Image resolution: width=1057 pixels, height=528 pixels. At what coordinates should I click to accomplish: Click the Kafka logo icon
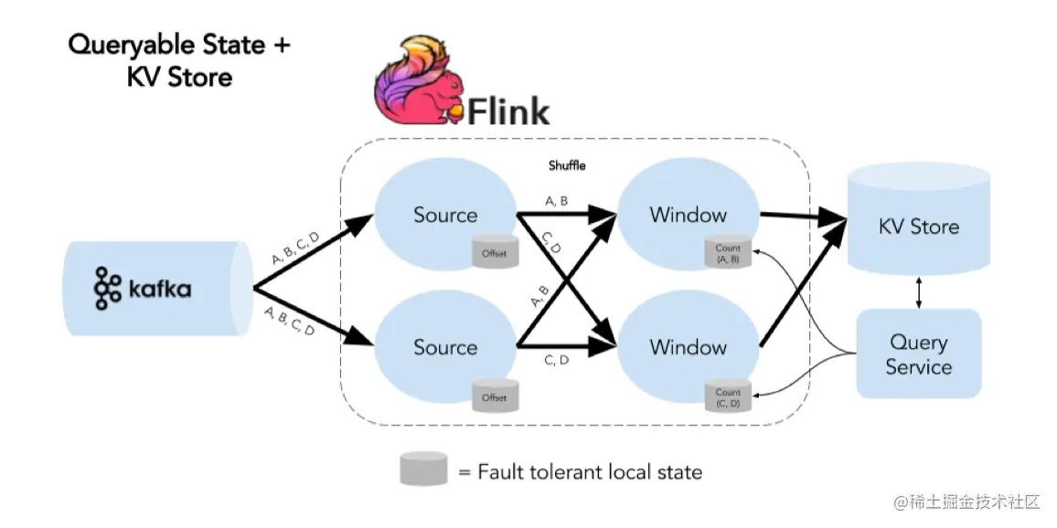(107, 289)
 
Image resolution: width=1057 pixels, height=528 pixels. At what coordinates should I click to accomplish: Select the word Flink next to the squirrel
(508, 111)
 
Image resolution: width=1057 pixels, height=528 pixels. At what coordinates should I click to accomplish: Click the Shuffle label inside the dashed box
(567, 166)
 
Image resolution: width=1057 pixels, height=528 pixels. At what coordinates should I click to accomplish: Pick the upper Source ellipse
(445, 216)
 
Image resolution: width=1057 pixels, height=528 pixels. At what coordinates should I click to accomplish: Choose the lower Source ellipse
(445, 347)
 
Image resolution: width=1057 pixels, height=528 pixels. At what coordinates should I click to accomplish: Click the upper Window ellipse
(689, 216)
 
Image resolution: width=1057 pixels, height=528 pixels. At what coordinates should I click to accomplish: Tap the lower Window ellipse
(689, 347)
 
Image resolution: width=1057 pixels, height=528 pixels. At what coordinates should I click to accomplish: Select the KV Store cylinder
(919, 224)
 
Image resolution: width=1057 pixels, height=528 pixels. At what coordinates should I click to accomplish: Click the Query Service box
(919, 354)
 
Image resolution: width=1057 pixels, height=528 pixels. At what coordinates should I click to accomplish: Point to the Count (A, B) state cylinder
(728, 253)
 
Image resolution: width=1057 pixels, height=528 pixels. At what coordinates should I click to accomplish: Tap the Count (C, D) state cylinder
(728, 397)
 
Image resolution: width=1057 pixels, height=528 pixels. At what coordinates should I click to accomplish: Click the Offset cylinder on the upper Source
(494, 252)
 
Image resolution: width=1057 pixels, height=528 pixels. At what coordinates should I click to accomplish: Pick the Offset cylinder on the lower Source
(494, 396)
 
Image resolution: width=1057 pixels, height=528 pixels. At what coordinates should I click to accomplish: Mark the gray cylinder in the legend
(422, 470)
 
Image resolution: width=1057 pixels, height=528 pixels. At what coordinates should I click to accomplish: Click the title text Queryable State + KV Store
(179, 59)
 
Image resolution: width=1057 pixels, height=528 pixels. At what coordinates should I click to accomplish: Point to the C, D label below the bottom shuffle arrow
(557, 360)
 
